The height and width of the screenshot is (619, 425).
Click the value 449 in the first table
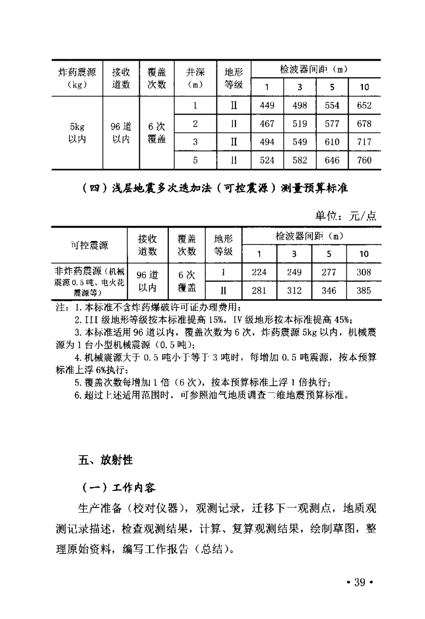pos(267,106)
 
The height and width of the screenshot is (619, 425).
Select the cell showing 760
pos(364,160)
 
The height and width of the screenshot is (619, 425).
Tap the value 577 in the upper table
pos(332,124)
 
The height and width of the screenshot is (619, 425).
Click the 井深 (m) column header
pos(195,78)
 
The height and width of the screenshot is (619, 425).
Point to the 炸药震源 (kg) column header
pos(77,78)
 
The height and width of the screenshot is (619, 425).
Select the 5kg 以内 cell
pos(77,133)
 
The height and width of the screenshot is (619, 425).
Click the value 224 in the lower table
pos(260,272)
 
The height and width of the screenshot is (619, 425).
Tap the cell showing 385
pos(364,291)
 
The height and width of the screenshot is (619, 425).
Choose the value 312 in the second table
pos(294,291)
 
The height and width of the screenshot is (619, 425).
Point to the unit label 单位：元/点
pos(346,216)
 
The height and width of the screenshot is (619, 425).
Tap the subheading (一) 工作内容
pos(118,487)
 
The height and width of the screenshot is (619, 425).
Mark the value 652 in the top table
pos(364,106)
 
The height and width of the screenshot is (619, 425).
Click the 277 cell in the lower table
pos(329,272)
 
